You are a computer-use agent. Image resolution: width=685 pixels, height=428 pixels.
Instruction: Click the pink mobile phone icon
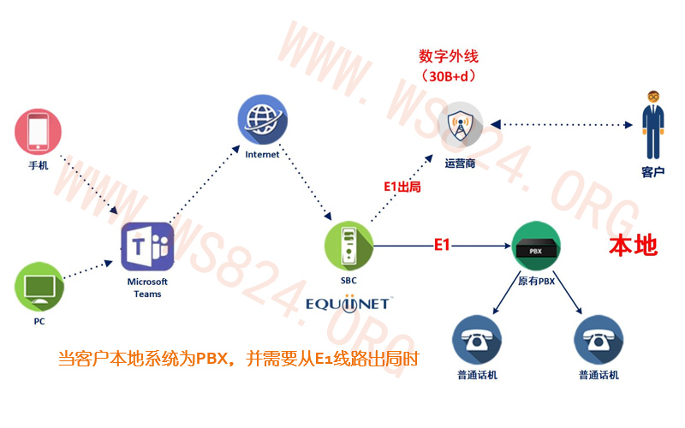coord(38,132)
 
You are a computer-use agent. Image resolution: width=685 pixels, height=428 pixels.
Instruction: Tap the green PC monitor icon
coord(39,287)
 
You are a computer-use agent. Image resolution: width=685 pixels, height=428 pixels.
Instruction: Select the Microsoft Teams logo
coord(147,247)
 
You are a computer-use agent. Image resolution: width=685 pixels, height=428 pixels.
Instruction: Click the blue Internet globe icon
coord(263,120)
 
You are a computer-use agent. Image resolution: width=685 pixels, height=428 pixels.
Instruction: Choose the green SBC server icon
coord(348,246)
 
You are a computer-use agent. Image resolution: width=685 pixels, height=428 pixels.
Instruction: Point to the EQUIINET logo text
coord(348,304)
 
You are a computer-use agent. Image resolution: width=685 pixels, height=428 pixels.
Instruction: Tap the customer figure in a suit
coord(653,125)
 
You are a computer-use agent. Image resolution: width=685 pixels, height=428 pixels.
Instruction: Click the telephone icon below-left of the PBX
coord(477,340)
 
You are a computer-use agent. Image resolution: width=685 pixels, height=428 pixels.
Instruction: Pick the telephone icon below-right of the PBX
coord(599,340)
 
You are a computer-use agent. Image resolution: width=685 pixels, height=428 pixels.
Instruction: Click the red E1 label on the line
coord(442,245)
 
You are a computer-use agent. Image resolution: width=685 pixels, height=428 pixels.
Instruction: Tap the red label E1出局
coord(402,187)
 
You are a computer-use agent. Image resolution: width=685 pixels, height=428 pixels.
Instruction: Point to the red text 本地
coord(633,246)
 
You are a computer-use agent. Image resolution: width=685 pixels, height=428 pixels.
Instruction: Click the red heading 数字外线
coord(449,56)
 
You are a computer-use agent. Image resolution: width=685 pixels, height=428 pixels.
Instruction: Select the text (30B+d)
coord(449,76)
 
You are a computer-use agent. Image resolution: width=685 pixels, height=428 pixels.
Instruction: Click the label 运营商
coord(460,163)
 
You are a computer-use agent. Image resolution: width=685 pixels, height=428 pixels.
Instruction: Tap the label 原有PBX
coord(537,281)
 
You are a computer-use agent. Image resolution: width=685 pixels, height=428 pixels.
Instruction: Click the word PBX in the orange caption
coord(211,359)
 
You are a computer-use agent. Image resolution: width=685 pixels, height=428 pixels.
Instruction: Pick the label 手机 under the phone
coord(39,165)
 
